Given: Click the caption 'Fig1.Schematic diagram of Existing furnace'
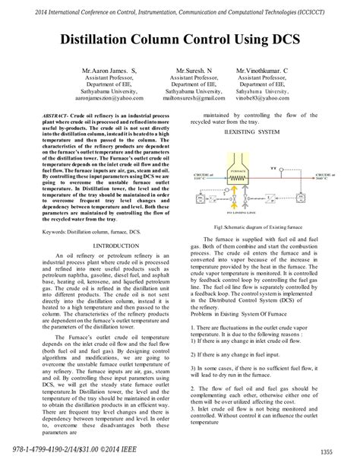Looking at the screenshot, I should coord(258,227).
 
